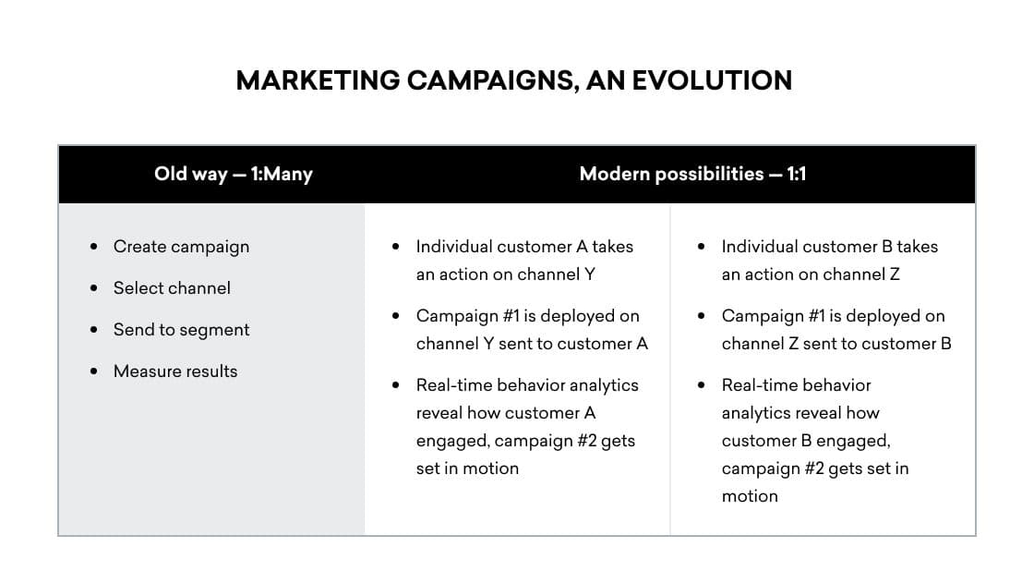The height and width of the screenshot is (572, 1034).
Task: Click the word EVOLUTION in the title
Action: [712, 80]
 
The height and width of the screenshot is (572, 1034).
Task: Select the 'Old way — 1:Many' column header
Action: [234, 174]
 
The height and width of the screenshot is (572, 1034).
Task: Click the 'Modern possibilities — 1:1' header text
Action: [692, 174]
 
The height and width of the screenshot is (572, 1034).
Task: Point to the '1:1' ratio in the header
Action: [796, 174]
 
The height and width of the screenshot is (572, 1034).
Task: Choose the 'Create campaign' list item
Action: [181, 247]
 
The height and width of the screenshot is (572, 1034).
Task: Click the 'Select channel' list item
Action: [172, 288]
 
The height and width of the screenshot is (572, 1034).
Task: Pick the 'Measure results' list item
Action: [175, 371]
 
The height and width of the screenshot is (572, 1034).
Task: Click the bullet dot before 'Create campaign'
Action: [94, 248]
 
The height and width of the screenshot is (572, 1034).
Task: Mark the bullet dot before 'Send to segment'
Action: [94, 331]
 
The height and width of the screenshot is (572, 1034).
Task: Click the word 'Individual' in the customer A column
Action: [453, 247]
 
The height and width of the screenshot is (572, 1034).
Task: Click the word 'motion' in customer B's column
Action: [750, 496]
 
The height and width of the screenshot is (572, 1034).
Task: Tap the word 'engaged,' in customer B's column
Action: [856, 441]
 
